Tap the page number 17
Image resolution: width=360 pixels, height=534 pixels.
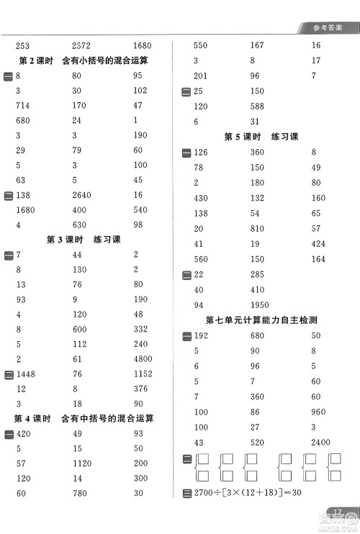tap(341, 512)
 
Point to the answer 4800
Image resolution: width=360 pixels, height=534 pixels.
tap(143, 358)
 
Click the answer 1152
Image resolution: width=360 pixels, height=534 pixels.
tap(143, 374)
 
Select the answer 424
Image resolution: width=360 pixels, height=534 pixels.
tap(318, 244)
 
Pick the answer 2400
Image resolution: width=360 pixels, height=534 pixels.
tap(321, 441)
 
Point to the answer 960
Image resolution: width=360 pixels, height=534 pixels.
tap(318, 411)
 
